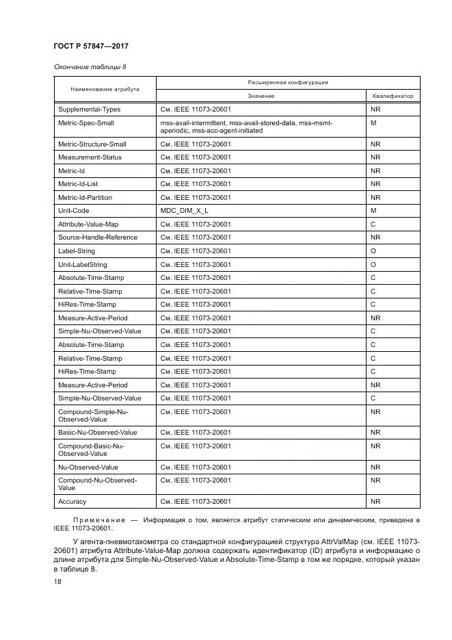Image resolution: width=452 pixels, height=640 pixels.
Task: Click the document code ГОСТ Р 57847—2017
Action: (91, 46)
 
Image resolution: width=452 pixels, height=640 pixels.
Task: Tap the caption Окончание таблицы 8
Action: (90, 67)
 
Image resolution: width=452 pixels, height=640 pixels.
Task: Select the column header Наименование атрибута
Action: (105, 89)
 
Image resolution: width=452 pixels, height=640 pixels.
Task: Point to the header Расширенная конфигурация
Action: (288, 82)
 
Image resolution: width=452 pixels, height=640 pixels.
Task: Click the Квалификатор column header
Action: (393, 96)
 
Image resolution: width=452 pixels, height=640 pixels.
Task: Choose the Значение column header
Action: (261, 96)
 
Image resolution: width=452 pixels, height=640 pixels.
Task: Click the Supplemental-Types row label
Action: (89, 110)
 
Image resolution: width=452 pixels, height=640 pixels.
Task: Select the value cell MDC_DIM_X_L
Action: (184, 211)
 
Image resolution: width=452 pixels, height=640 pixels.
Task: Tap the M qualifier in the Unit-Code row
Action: (373, 211)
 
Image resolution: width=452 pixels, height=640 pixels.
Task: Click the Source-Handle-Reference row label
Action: (98, 238)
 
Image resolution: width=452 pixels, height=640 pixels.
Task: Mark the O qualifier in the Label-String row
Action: (373, 251)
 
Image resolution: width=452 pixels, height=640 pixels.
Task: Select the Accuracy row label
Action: (72, 502)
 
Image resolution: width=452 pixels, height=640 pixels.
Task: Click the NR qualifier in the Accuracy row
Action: (375, 502)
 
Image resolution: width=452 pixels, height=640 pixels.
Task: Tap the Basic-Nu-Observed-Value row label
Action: (98, 433)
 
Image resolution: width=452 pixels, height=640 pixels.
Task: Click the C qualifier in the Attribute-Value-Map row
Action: (373, 225)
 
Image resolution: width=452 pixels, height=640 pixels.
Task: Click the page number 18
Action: (57, 581)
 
